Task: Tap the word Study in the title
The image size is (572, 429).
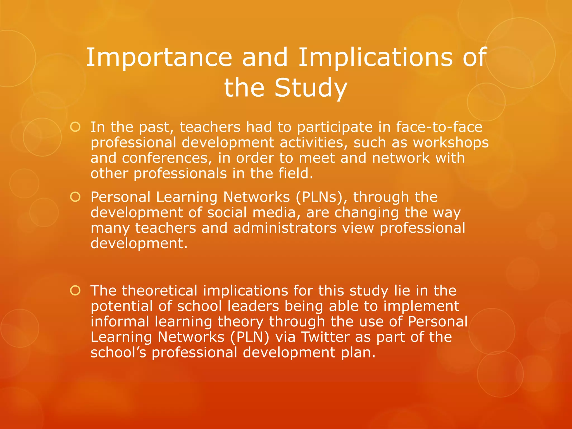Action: (311, 88)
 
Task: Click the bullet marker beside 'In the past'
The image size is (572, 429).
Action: (75, 127)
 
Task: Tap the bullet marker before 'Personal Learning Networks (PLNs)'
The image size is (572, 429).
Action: (75, 197)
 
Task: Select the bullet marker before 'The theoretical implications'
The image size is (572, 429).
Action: (75, 291)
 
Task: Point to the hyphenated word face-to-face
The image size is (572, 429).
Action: (439, 127)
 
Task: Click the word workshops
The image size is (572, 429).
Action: (451, 142)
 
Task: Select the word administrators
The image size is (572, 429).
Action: (285, 228)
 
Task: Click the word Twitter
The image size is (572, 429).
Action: (325, 337)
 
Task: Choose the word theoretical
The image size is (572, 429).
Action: (160, 291)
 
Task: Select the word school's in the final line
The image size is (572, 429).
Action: (118, 352)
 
